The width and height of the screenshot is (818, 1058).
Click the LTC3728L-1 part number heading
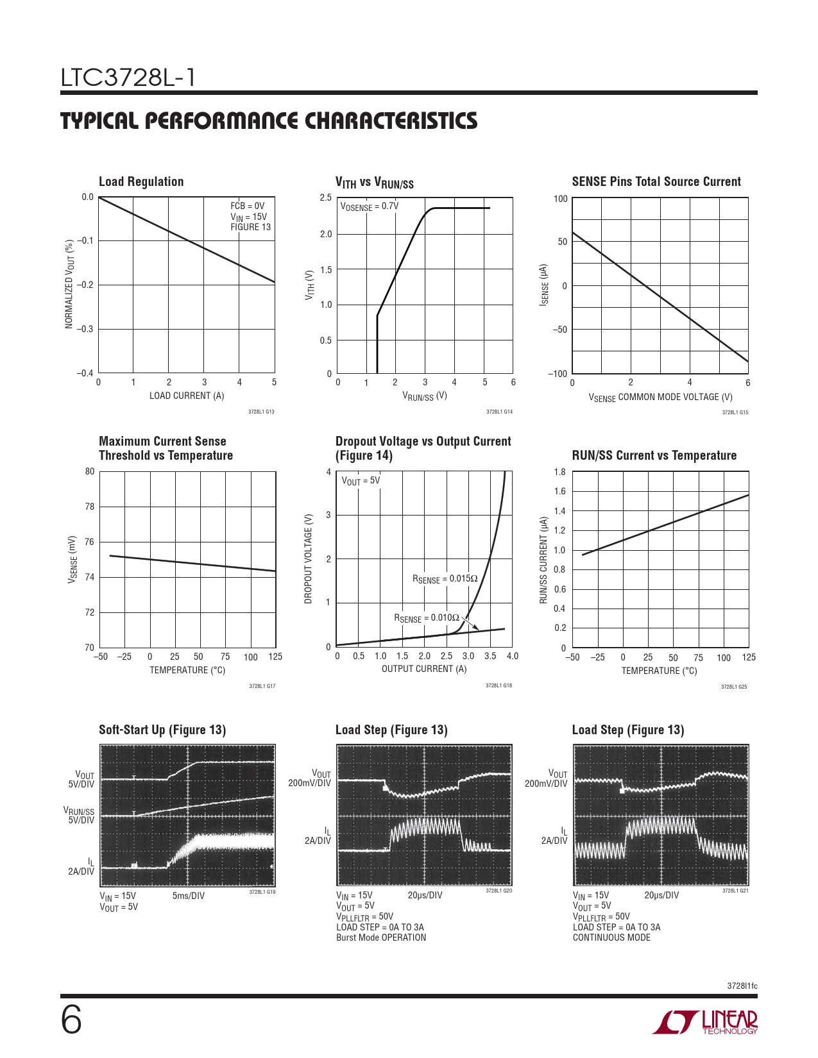click(128, 78)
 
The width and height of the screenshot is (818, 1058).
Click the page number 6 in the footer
click(71, 1020)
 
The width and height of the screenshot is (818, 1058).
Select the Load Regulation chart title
click(141, 182)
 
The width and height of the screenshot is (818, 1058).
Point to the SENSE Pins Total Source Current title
click(656, 182)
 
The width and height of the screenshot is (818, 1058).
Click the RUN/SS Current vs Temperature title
click(654, 456)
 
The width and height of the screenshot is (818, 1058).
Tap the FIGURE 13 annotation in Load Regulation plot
click(250, 227)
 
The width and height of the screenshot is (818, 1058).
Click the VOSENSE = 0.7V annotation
click(369, 206)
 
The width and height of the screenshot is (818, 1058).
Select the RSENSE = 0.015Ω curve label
click(445, 579)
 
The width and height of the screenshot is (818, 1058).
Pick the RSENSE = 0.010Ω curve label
click(426, 618)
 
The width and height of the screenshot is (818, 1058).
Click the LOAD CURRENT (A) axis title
click(187, 396)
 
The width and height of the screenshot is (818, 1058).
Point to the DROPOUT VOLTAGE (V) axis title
click(308, 558)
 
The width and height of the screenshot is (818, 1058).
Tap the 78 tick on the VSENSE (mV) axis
click(90, 507)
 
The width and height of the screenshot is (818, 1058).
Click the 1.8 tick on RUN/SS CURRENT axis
click(559, 472)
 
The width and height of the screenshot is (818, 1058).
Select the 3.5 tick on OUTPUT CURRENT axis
click(490, 656)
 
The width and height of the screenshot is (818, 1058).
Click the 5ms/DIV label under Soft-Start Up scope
click(189, 896)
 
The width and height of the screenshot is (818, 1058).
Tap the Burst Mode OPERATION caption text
click(381, 937)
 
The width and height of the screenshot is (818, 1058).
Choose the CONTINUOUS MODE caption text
click(611, 937)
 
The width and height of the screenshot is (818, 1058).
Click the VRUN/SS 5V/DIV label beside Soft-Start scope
click(79, 816)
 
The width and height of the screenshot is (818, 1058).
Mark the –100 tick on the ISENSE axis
click(557, 374)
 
